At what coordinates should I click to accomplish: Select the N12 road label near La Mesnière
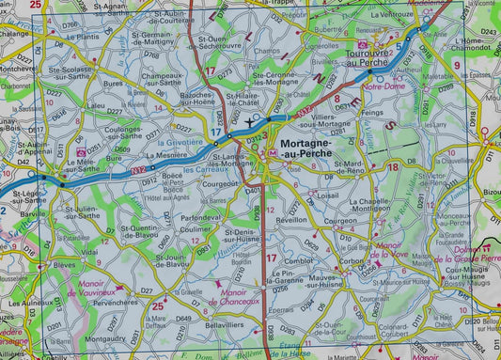[x=140, y=169]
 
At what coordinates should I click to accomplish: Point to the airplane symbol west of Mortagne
[x=248, y=121]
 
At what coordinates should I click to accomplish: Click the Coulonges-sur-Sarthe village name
[x=135, y=133]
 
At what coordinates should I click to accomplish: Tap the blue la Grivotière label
[x=185, y=140]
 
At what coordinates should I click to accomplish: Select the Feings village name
[x=372, y=111]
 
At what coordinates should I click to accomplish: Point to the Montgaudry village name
[x=105, y=338]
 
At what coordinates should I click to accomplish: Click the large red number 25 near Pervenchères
[x=158, y=305]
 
